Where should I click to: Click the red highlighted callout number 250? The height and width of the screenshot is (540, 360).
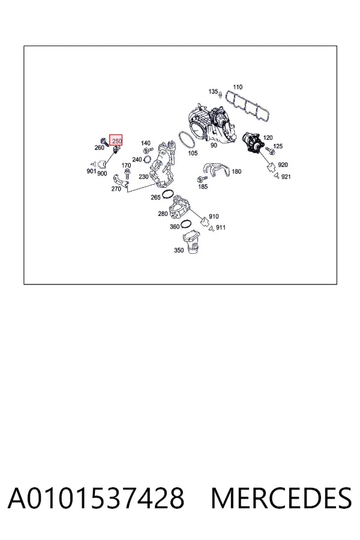(116, 140)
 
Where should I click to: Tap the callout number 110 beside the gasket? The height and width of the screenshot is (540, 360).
(238, 87)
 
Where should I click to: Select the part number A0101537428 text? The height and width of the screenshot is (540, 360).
(96, 498)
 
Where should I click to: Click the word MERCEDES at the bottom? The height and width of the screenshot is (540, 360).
(281, 498)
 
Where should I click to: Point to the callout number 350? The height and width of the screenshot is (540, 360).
(179, 250)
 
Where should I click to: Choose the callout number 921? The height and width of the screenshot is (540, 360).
(286, 176)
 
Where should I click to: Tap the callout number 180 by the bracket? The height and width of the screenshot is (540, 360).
(236, 172)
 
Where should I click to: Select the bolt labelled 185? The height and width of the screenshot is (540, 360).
(202, 179)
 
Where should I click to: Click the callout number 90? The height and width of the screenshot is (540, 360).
(214, 145)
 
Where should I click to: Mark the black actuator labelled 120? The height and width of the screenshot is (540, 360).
(252, 142)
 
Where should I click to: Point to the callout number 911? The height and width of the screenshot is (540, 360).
(221, 227)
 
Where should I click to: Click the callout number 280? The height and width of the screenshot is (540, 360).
(163, 214)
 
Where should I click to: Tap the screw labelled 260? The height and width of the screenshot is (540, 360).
(104, 141)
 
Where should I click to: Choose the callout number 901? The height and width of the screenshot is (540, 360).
(91, 171)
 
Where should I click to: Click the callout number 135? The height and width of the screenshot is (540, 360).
(213, 91)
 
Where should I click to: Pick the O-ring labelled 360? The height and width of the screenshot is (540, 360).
(186, 224)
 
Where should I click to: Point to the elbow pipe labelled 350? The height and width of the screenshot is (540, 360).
(192, 243)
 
